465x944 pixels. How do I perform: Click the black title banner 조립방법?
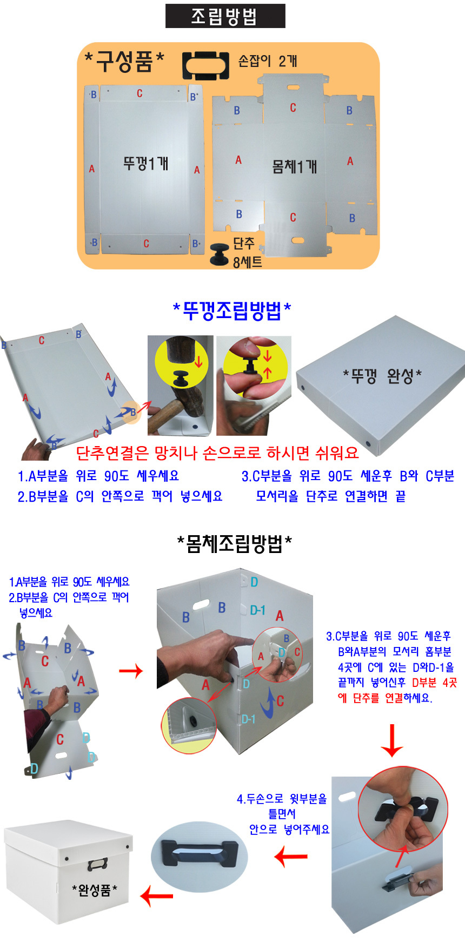[x=225, y=16]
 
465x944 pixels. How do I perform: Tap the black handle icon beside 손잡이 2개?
[x=206, y=66]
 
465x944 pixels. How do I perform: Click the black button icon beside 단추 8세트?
[x=221, y=254]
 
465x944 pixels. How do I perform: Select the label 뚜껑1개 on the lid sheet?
[x=146, y=163]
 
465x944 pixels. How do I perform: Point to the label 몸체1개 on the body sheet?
[x=295, y=166]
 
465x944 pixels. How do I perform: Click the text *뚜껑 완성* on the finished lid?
[x=382, y=375]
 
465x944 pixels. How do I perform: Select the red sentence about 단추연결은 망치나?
[x=217, y=453]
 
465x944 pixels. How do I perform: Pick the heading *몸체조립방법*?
[x=235, y=544]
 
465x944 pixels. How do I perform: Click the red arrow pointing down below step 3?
[x=392, y=741]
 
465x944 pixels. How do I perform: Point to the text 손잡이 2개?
[x=268, y=61]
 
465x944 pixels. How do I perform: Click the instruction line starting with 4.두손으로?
[x=282, y=799]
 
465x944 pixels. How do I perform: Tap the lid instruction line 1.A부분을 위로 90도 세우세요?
[x=98, y=476]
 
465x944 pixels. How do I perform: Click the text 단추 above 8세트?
[x=243, y=244]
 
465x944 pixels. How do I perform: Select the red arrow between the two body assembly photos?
[x=131, y=671]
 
